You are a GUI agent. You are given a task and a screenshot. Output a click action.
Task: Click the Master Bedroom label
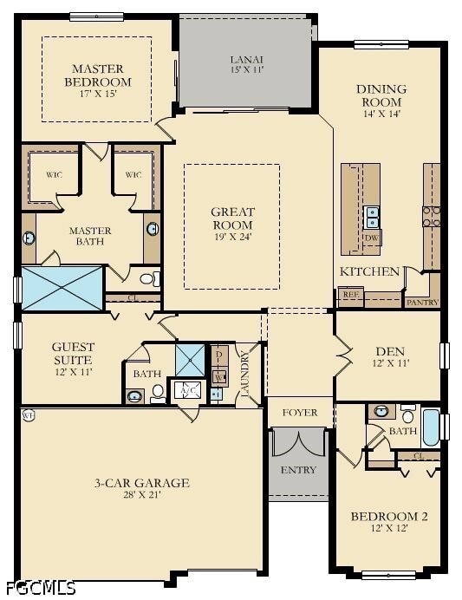coord(97,75)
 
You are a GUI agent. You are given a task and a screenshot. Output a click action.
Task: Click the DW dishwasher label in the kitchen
coord(372,237)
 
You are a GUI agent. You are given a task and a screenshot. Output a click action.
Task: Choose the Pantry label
coord(423,302)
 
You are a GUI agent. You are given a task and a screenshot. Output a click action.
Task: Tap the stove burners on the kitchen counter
coord(431,216)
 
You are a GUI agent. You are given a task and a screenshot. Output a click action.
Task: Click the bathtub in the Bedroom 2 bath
coord(430,427)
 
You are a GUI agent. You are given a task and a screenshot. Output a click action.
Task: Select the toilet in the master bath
coord(152,278)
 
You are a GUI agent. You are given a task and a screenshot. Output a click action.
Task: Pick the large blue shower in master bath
coord(62,289)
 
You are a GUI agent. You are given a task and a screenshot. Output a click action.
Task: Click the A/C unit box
coord(187,389)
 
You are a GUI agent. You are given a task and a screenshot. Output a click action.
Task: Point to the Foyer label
coord(300,413)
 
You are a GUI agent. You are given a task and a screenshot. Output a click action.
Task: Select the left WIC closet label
coord(54,174)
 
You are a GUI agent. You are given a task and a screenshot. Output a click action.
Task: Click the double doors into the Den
coord(342,355)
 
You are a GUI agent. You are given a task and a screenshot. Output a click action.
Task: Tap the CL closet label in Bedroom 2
coord(418,456)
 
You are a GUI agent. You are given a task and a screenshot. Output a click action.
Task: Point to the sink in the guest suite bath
coord(134,396)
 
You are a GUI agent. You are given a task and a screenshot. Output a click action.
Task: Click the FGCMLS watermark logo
coord(39,587)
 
